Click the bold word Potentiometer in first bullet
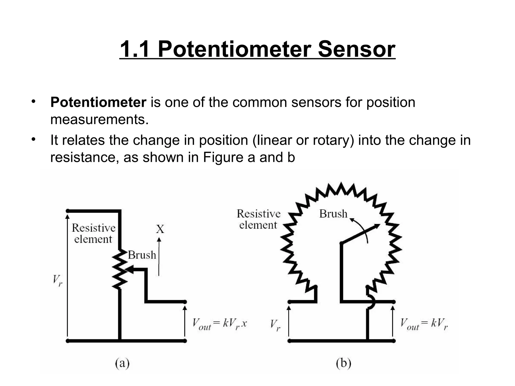click(98, 103)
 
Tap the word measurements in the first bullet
click(99, 120)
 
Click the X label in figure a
click(160, 229)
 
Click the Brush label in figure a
click(142, 255)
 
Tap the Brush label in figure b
click(333, 214)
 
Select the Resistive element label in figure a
click(93, 233)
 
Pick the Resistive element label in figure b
click(259, 219)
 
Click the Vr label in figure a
click(57, 280)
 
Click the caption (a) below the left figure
click(122, 363)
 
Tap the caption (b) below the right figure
click(344, 363)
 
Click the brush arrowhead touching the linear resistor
click(130, 270)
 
